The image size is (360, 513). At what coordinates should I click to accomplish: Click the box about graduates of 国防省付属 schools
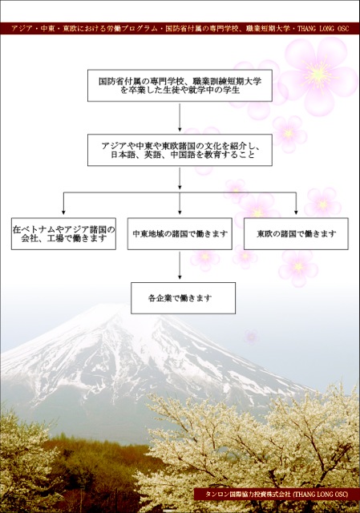(180, 86)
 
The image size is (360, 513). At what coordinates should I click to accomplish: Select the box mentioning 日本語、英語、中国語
(180, 150)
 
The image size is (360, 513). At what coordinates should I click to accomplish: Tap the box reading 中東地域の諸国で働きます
(180, 234)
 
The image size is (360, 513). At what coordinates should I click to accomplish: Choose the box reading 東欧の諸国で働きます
(296, 234)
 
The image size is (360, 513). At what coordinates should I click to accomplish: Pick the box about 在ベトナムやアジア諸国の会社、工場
(63, 234)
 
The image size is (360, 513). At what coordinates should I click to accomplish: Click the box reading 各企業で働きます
(184, 298)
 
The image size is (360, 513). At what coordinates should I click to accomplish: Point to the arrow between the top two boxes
(180, 118)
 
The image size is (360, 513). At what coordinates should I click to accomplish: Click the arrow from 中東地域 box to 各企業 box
(180, 265)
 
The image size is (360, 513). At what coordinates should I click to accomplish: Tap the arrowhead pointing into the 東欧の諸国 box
(296, 212)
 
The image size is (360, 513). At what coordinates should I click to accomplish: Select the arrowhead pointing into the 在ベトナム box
(63, 212)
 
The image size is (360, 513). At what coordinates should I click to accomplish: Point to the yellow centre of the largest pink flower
(317, 74)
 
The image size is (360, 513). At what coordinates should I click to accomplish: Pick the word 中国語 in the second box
(183, 155)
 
